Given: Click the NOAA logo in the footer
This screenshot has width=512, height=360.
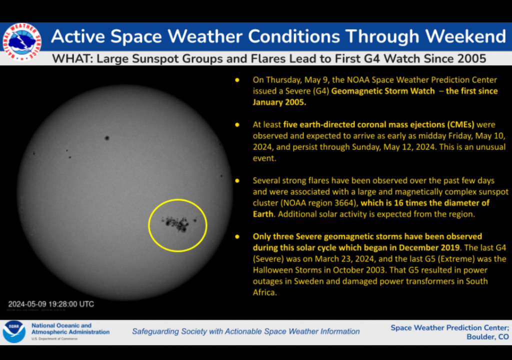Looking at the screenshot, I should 13,331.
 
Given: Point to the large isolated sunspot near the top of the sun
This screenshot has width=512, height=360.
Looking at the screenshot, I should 106,138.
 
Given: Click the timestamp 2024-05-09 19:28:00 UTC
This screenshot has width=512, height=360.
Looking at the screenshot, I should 51,304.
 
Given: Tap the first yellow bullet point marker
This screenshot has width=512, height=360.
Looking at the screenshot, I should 237,80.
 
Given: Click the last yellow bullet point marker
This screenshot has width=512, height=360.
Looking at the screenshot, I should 237,236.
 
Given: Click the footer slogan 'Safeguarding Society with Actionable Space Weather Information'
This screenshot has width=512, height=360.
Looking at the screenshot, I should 245,331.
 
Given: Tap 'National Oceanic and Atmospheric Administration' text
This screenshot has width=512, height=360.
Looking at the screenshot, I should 70,328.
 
